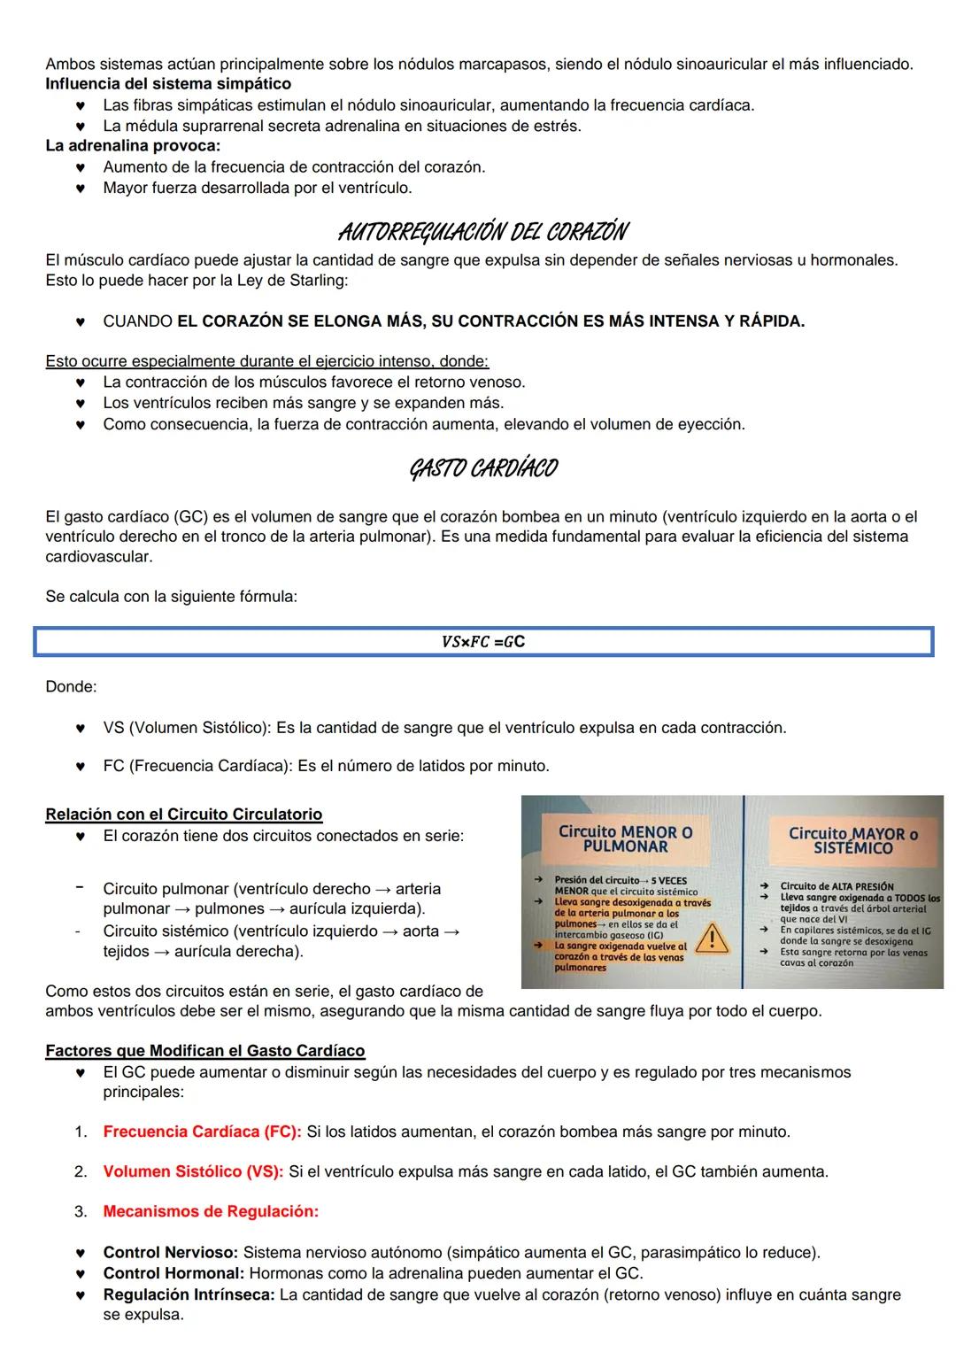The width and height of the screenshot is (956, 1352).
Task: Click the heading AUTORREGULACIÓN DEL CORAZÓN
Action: pos(482,232)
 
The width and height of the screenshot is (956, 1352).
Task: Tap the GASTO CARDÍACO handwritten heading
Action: pos(482,467)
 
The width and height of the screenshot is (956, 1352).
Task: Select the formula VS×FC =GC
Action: pos(482,641)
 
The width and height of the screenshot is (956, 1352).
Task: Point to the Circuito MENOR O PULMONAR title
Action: pos(625,838)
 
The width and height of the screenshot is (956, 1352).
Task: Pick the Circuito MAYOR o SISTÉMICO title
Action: pos(852,840)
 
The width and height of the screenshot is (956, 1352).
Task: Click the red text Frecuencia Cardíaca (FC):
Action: pos(202,1132)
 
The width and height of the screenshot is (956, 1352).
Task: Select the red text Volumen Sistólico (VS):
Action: pos(193,1171)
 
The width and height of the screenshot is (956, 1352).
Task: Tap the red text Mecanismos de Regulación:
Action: pos(211,1211)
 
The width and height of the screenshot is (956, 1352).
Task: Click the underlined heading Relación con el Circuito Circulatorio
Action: pos(183,814)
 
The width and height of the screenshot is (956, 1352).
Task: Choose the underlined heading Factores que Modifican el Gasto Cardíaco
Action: pos(204,1050)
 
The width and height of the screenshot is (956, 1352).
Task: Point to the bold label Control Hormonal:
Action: pos(173,1273)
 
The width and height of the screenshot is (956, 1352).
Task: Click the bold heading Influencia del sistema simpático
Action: pos(168,84)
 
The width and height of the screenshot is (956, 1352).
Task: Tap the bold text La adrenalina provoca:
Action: pos(133,145)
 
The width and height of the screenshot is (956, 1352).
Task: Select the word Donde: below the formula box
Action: pos(71,686)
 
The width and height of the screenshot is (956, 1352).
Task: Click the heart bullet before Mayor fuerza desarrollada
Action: pos(81,189)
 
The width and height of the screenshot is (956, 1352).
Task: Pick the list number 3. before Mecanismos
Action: pos(81,1211)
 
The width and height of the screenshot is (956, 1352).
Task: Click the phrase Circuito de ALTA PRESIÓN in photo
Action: pos(836,886)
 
